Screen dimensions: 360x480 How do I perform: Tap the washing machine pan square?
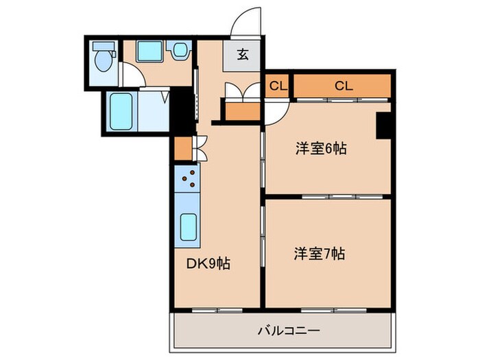pyautogui.click(x=147, y=51)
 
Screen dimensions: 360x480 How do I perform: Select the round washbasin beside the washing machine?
pyautogui.click(x=180, y=51)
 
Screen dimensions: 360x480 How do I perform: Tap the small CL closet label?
pyautogui.click(x=277, y=86)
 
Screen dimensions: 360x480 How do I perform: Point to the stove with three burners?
pyautogui.click(x=187, y=180)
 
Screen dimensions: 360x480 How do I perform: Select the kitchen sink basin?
pyautogui.click(x=187, y=226)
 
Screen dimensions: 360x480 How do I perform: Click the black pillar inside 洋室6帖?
pyautogui.click(x=384, y=125)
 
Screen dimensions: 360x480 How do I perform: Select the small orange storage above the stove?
pyautogui.click(x=182, y=148)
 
